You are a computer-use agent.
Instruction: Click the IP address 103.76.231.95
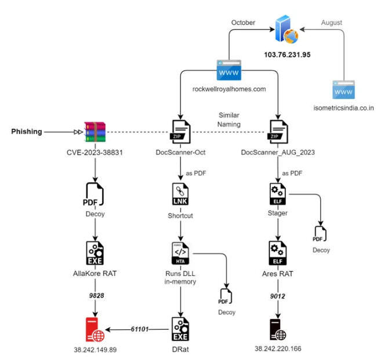(287, 54)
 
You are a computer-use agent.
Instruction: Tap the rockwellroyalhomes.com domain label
(229, 89)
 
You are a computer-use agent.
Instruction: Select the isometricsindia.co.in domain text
(343, 108)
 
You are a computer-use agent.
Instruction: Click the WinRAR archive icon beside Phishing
(95, 132)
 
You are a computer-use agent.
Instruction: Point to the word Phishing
(27, 132)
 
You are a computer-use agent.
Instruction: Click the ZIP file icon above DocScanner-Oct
(180, 132)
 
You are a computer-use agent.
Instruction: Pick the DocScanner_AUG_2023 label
(278, 152)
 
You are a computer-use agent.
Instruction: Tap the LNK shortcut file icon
(180, 194)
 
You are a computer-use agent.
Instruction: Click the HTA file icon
(180, 253)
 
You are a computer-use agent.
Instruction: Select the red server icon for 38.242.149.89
(95, 329)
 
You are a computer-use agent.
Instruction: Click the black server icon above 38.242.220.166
(278, 330)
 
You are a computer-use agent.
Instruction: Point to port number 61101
(140, 329)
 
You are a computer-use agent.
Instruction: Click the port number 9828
(96, 296)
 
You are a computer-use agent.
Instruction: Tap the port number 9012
(277, 296)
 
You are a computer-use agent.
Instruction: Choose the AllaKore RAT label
(95, 274)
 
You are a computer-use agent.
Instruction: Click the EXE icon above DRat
(180, 329)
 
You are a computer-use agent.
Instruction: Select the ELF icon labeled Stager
(278, 194)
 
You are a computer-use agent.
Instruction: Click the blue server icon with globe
(287, 30)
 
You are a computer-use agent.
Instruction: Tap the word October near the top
(243, 23)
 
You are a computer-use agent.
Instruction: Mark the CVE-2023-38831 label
(95, 152)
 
